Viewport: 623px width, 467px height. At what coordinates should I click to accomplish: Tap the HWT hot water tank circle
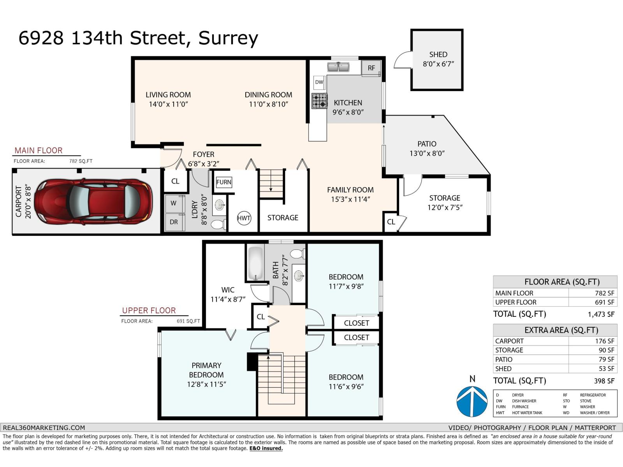(244, 218)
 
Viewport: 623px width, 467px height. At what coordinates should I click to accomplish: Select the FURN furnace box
(224, 182)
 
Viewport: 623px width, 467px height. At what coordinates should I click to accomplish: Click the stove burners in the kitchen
(320, 101)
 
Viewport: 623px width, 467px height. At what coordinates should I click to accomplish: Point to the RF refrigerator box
(371, 68)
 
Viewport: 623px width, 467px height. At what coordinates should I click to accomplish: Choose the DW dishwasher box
(319, 82)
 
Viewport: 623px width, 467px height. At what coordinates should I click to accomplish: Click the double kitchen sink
(338, 67)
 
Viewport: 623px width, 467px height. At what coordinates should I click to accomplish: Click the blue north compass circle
(472, 401)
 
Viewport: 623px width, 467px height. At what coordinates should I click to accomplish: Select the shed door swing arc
(402, 60)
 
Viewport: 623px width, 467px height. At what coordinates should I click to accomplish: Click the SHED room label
(438, 54)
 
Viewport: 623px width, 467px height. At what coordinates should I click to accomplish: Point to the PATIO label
(427, 144)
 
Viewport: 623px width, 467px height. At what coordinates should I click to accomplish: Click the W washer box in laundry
(174, 203)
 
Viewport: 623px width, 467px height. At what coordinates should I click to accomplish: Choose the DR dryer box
(174, 222)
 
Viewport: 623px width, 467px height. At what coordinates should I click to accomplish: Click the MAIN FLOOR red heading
(39, 151)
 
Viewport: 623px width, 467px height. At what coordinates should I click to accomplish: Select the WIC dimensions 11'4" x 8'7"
(228, 299)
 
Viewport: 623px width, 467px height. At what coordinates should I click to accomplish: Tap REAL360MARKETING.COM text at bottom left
(44, 427)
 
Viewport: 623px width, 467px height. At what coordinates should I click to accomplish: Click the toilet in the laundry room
(218, 224)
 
